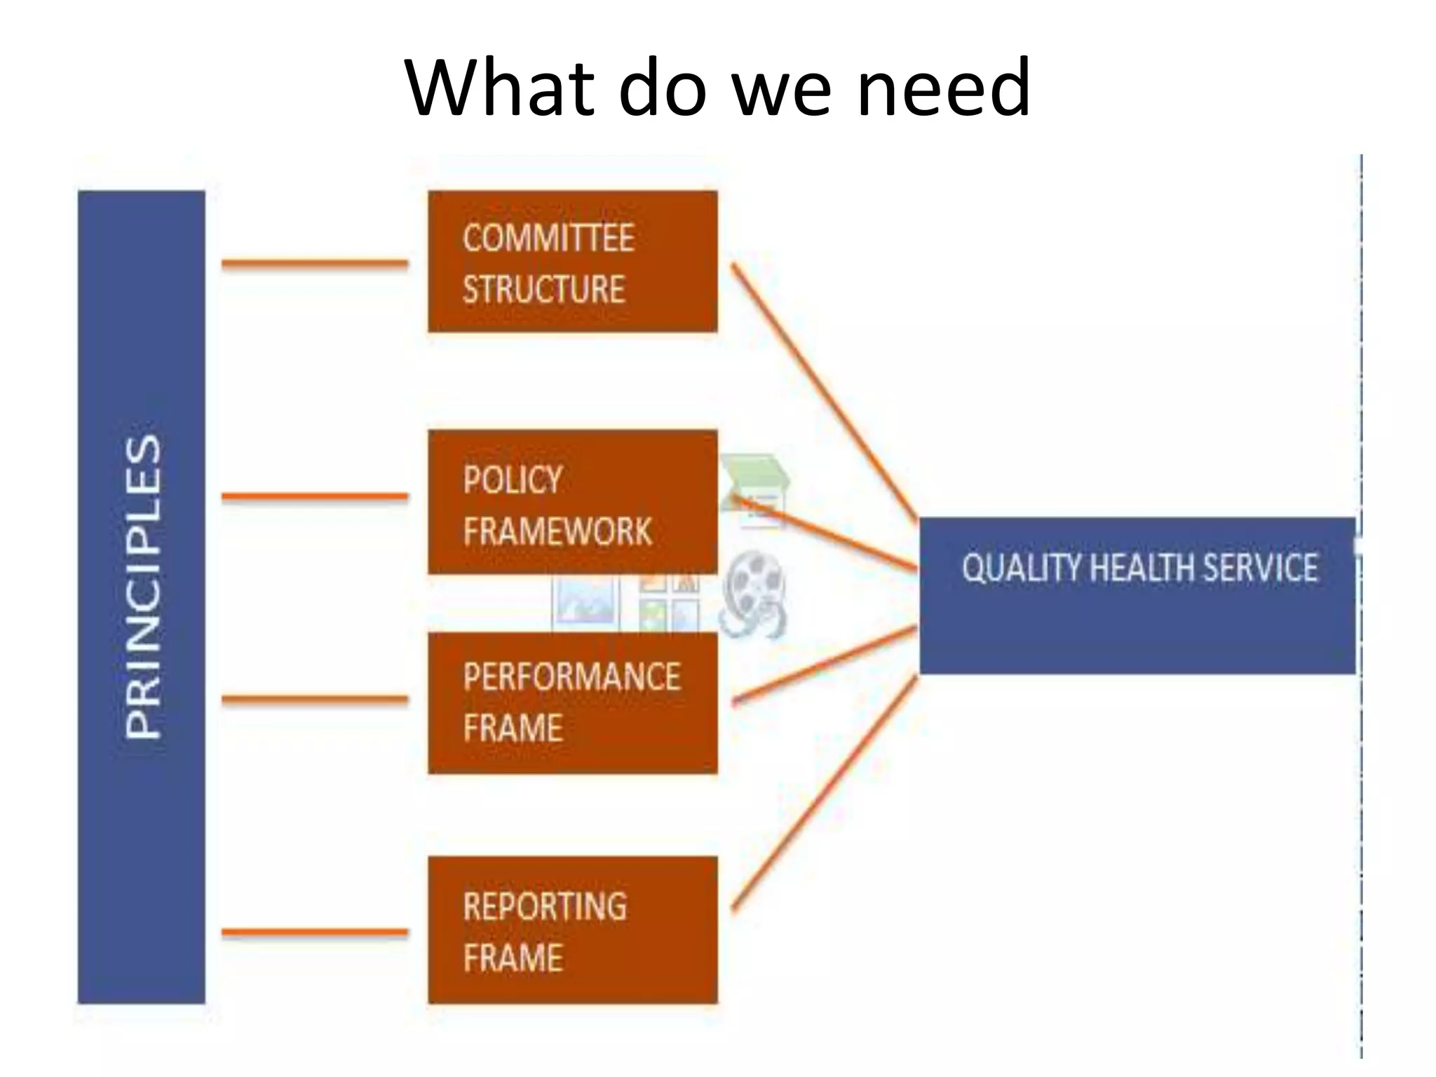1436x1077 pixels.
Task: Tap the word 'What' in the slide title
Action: pos(495,88)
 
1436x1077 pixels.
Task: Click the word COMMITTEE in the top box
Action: pos(548,238)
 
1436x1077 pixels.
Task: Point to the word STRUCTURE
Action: pos(543,289)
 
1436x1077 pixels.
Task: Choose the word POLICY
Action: pos(513,480)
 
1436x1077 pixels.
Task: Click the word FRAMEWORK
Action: pos(557,531)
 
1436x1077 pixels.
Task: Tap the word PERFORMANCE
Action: pos(571,677)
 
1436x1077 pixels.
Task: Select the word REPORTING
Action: pos(545,906)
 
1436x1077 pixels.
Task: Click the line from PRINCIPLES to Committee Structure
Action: pos(314,264)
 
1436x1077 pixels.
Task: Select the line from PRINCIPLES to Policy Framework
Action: pos(314,496)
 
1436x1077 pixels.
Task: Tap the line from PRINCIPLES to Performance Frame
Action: pos(314,699)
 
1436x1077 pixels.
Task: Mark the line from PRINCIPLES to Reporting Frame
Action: pos(314,933)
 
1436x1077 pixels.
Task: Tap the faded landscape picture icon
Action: pos(584,602)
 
